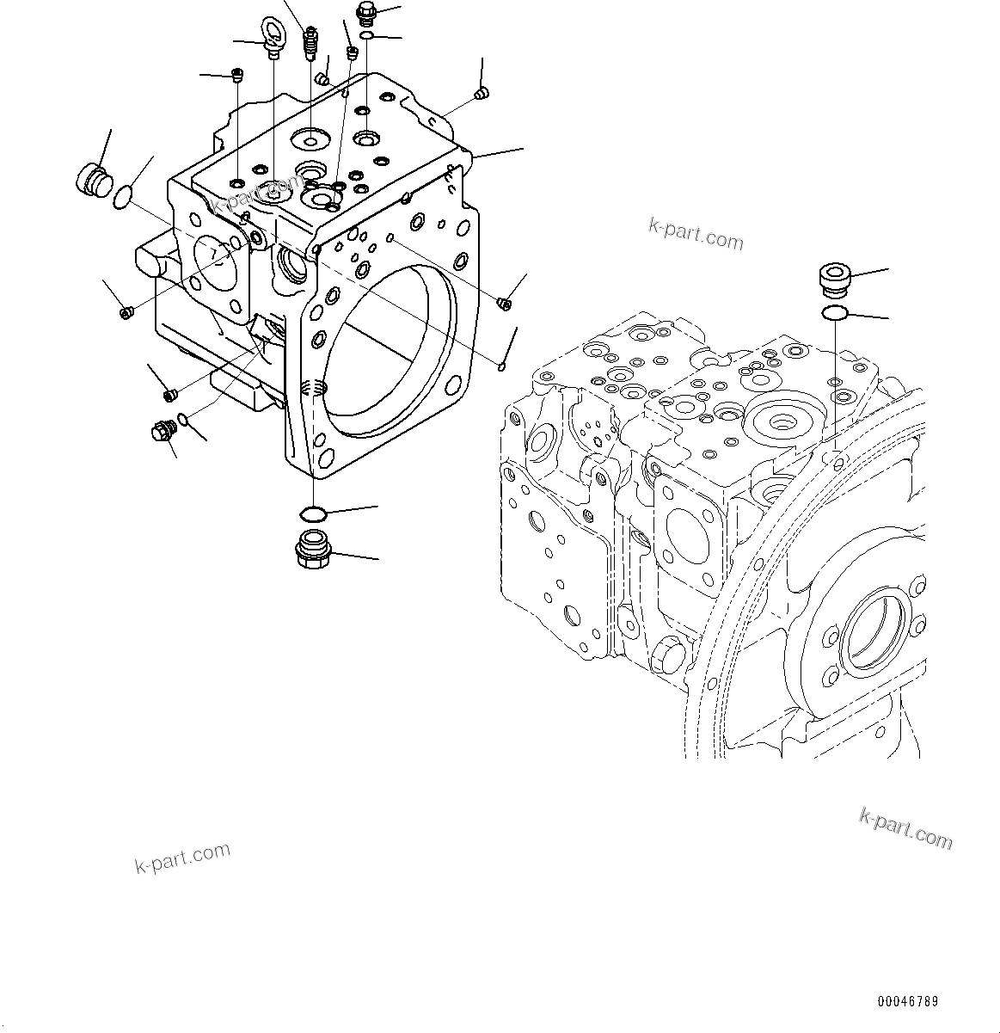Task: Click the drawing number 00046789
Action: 908,1002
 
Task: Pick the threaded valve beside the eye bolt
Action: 311,44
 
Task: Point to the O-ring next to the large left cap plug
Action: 124,197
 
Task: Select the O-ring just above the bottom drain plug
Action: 312,514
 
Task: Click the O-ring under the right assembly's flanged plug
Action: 834,313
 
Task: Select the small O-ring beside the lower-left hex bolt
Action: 181,421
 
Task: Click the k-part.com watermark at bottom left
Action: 183,857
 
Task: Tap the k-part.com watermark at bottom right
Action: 906,828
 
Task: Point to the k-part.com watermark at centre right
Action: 696,233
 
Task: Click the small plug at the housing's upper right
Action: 482,92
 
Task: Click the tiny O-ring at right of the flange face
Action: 501,367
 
